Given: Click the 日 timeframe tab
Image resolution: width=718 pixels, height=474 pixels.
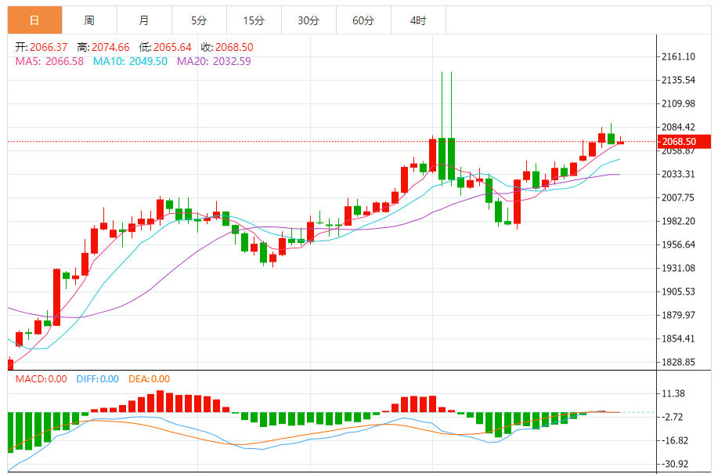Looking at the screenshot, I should tap(34, 20).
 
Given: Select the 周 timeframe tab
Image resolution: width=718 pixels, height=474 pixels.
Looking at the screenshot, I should tap(89, 20).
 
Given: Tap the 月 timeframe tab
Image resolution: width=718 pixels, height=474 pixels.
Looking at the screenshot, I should tap(144, 20).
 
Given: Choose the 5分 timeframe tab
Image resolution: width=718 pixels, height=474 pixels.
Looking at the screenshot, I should tap(199, 20).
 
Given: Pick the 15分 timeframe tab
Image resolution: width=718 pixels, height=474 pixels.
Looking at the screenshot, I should tap(254, 20).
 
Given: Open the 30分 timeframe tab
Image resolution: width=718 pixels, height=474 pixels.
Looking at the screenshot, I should tap(308, 20).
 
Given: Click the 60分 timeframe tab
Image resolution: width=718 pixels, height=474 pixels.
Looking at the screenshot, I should tap(363, 20).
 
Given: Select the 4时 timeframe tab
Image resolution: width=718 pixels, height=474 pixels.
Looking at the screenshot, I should tap(418, 20).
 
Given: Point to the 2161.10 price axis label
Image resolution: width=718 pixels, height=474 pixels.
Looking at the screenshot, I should tap(679, 57).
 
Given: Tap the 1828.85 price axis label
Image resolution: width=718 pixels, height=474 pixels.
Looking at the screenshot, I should tap(679, 363).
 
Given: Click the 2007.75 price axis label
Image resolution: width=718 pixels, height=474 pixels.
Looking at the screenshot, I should tap(679, 198).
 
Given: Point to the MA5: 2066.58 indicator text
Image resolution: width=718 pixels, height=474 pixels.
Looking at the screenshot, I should tap(49, 61).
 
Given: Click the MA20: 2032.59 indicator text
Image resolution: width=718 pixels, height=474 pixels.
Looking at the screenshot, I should tap(214, 61).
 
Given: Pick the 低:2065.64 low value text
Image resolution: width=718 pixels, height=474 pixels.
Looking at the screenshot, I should tap(166, 47).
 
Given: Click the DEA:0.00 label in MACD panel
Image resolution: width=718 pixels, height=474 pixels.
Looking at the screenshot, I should tap(149, 379).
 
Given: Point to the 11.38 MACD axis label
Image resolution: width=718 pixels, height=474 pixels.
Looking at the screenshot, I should tap(674, 394).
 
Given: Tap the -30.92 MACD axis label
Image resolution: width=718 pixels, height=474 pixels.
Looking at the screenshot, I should tap(674, 465).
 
